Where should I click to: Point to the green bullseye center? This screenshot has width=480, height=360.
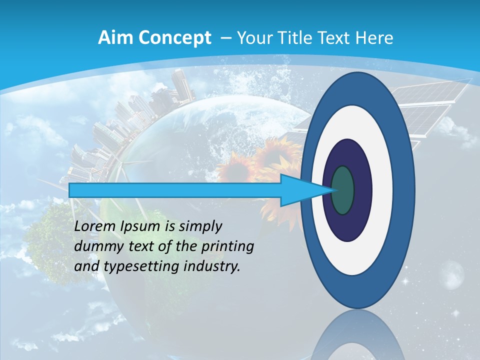(342, 190)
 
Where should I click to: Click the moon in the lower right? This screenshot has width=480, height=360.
(452, 275)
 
